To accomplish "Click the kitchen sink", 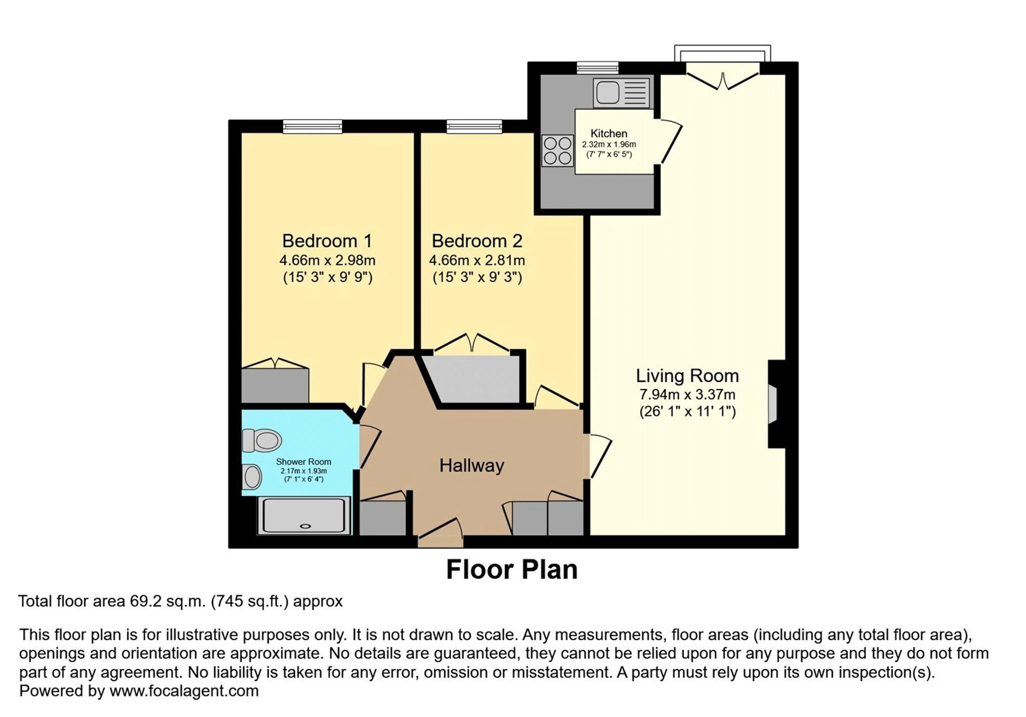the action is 621,93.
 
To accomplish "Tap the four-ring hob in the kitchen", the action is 558,151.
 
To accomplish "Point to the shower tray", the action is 304,516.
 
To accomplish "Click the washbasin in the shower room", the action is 252,476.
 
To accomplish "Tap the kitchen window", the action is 597,68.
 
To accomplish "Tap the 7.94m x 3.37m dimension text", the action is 687,395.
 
